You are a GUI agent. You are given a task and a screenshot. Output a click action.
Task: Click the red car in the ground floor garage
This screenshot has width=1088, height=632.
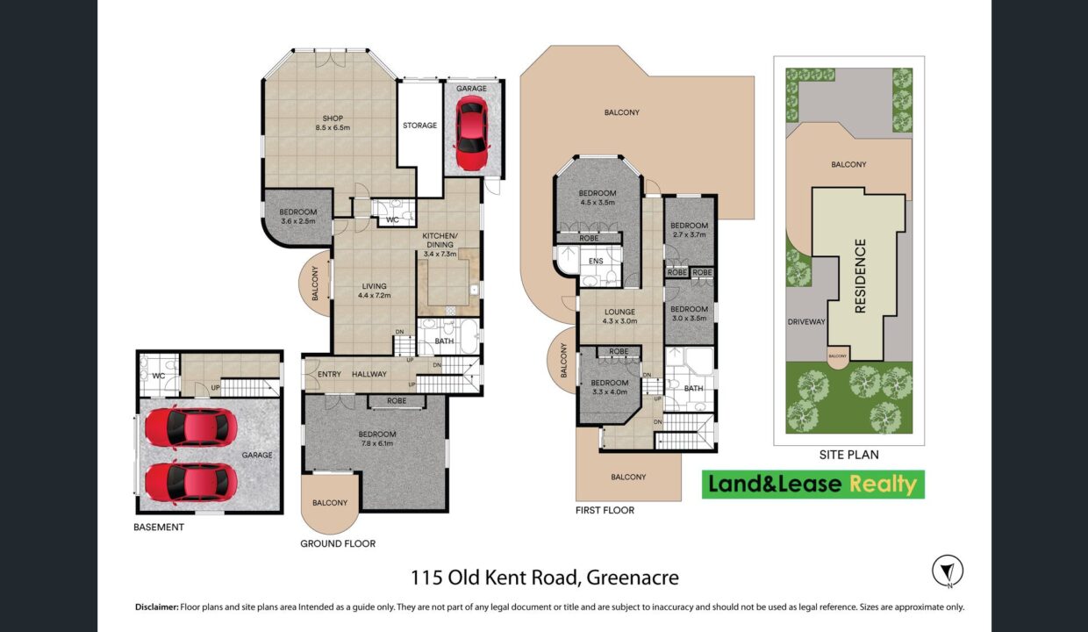pyautogui.click(x=471, y=133)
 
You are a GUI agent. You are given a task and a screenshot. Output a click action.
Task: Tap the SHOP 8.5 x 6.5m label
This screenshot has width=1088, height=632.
pyautogui.click(x=333, y=123)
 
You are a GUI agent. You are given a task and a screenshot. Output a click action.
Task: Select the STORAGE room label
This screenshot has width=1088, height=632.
pyautogui.click(x=419, y=126)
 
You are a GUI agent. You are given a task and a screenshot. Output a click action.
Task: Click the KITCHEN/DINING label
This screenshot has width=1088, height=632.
pyautogui.click(x=440, y=240)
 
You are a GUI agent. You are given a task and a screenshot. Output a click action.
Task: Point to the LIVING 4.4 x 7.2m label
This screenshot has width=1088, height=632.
pyautogui.click(x=374, y=291)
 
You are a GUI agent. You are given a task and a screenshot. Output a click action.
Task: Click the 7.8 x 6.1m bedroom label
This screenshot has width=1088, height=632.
pyautogui.click(x=377, y=439)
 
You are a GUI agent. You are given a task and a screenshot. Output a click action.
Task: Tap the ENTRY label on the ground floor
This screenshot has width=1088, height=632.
pyautogui.click(x=329, y=374)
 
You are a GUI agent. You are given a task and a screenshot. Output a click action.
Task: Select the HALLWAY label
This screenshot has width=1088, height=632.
pyautogui.click(x=369, y=374)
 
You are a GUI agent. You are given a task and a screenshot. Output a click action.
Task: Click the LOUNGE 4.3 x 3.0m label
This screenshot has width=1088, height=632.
pyautogui.click(x=619, y=316)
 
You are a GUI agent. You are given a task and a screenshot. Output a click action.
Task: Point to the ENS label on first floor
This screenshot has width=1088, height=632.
pyautogui.click(x=596, y=261)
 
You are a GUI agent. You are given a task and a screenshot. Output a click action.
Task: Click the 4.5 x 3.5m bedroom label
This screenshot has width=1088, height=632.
pyautogui.click(x=598, y=197)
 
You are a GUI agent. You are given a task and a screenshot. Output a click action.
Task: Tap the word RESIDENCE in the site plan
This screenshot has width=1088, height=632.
pyautogui.click(x=860, y=276)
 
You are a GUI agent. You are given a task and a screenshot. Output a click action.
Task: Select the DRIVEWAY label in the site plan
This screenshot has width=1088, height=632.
pyautogui.click(x=806, y=321)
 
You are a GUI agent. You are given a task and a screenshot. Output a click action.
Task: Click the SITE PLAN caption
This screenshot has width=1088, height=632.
pyautogui.click(x=849, y=455)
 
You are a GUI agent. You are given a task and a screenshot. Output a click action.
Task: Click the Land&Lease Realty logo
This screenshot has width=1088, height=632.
pyautogui.click(x=813, y=485)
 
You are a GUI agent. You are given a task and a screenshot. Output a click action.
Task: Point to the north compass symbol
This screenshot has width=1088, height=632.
pyautogui.click(x=948, y=571)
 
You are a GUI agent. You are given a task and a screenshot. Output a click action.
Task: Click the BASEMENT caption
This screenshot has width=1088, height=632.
pyautogui.click(x=159, y=527)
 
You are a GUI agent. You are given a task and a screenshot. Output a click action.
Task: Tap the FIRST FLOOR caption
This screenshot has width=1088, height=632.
pyautogui.click(x=605, y=510)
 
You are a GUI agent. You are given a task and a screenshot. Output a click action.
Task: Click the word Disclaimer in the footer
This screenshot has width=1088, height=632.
pyautogui.click(x=157, y=607)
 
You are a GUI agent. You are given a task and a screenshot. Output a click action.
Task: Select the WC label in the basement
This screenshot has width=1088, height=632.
pyautogui.click(x=158, y=376)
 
